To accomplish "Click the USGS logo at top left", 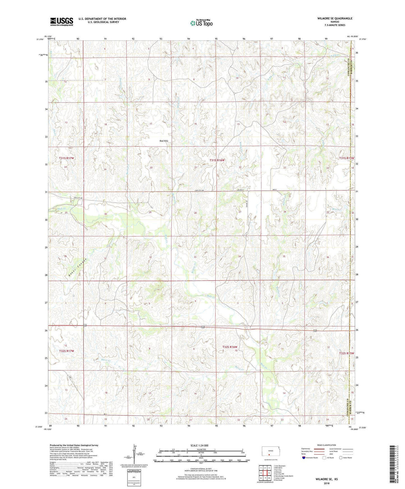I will pyautogui.click(x=62, y=22).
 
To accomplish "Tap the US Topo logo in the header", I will pyautogui.click(x=201, y=23).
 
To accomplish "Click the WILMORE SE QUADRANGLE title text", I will pyautogui.click(x=335, y=18).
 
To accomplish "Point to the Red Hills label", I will pyautogui.click(x=164, y=141).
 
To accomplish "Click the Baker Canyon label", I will pyautogui.click(x=78, y=267).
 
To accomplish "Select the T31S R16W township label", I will pyautogui.click(x=217, y=160).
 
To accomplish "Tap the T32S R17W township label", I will pyautogui.click(x=66, y=351).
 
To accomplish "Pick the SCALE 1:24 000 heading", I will pyautogui.click(x=199, y=446).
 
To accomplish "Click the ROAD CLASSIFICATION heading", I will pyautogui.click(x=327, y=445).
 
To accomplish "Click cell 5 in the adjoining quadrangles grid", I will pyautogui.click(x=269, y=473).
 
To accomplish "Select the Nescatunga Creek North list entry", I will pyautogui.click(x=283, y=476).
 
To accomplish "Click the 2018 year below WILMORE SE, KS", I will pyautogui.click(x=327, y=483).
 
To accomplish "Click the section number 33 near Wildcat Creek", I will pyautogui.click(x=195, y=257).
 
